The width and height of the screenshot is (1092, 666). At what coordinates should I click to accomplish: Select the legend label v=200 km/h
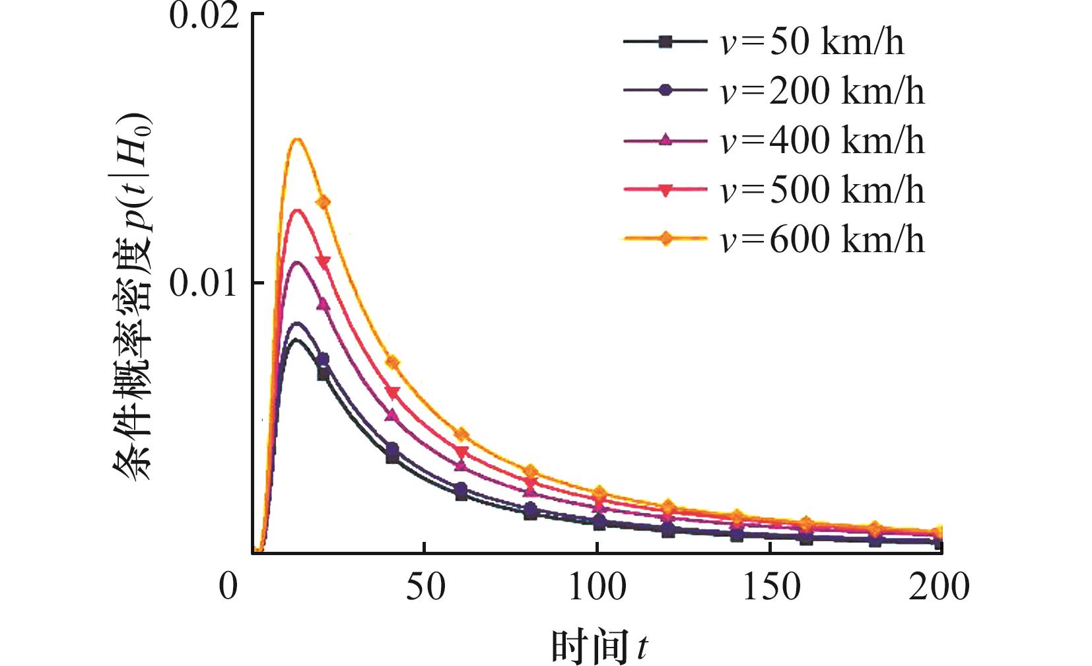coord(822,91)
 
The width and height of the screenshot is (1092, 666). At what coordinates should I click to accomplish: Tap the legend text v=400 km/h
coord(822,141)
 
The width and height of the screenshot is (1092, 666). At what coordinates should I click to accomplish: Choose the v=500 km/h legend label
coord(822,190)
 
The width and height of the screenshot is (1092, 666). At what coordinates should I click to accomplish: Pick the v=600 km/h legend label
coord(822,239)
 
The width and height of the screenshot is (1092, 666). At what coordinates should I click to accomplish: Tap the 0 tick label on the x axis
coord(228,586)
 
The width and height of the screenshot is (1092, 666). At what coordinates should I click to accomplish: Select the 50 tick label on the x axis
coord(425,586)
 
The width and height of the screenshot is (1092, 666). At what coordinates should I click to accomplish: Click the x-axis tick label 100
coord(597,586)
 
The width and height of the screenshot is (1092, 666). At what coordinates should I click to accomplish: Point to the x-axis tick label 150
coord(771,586)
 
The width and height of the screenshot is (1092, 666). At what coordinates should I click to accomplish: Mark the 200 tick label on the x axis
coord(939,586)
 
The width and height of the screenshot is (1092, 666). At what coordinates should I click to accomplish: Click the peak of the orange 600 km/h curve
coord(298,139)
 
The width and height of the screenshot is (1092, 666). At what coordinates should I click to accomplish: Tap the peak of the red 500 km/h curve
coord(298,210)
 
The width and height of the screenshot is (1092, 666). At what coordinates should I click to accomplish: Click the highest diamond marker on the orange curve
coord(323,202)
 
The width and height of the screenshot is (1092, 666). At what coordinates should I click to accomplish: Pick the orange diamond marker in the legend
coord(665,238)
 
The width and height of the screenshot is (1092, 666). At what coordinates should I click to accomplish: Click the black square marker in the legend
coord(665,42)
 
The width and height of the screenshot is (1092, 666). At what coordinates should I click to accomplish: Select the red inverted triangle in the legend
coord(665,190)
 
